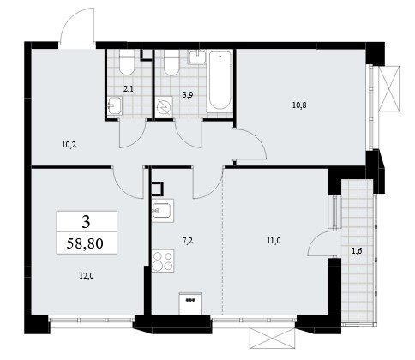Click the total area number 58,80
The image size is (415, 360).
[x=85, y=243]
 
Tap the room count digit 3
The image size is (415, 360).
[x=86, y=222]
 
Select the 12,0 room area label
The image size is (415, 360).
[x=87, y=276]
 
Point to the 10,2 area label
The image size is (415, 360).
[x=69, y=145]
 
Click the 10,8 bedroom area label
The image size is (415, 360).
[x=299, y=105]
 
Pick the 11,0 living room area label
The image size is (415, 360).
[x=274, y=241]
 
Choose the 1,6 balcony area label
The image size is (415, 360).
[x=357, y=251]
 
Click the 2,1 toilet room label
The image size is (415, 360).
[x=129, y=89]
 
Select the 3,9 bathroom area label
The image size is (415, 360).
[x=188, y=95]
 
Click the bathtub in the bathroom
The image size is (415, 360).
[x=220, y=81]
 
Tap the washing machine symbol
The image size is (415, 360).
[x=164, y=106]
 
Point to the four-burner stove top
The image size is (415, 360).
[x=163, y=261]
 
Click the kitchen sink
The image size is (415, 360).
[x=163, y=211]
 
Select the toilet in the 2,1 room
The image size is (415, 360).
[x=127, y=63]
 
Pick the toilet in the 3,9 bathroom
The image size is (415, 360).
[x=171, y=63]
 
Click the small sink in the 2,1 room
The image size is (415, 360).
[x=115, y=105]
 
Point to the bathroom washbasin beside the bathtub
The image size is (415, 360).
[x=197, y=57]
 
